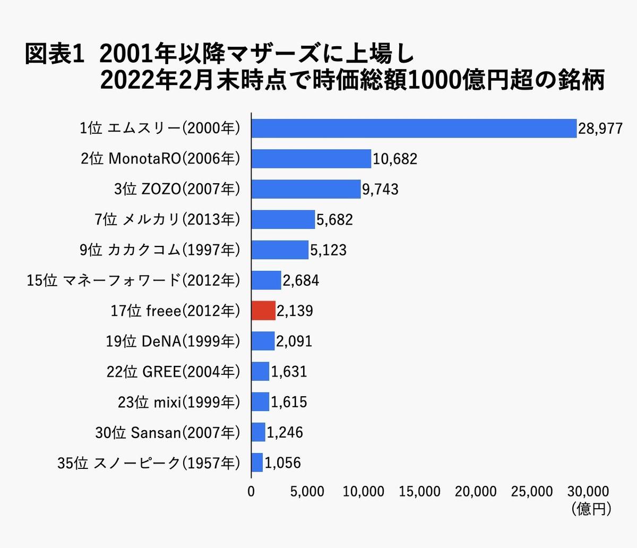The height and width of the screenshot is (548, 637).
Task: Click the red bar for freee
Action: [263, 311]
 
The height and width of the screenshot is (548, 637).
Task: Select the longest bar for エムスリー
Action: [414, 128]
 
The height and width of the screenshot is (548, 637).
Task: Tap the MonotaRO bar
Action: [311, 159]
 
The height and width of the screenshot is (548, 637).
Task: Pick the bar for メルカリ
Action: [283, 219]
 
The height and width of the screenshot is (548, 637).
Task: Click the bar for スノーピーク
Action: [257, 463]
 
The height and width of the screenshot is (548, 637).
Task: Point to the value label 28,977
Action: [600, 129]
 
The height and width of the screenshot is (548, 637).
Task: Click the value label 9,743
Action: [380, 190]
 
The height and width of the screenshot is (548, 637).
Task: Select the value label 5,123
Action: [328, 250]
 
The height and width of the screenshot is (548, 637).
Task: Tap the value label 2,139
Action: [295, 311]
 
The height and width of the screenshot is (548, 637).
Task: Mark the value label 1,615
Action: [289, 402]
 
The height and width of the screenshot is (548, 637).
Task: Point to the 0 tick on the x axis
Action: [251, 492]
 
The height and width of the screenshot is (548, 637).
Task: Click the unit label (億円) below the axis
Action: [592, 509]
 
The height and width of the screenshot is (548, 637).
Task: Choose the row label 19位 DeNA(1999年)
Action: [173, 341]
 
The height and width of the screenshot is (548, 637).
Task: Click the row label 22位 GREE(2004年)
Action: [173, 372]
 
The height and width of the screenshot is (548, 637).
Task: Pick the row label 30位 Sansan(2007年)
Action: [167, 433]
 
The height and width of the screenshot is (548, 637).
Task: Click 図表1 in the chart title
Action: [55, 55]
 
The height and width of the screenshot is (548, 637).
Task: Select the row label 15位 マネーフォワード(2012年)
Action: [133, 280]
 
